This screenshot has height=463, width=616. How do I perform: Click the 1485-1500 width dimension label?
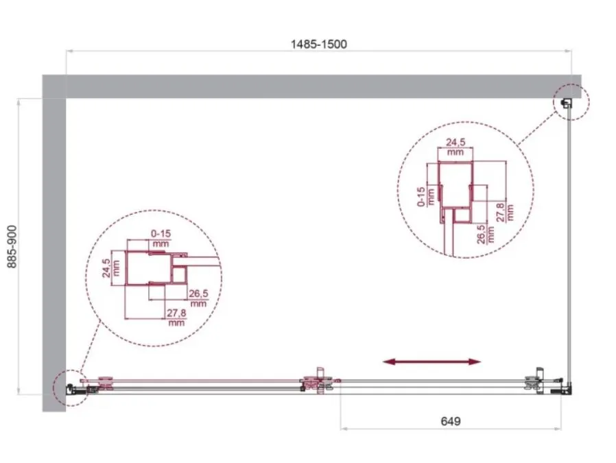click(x=318, y=45)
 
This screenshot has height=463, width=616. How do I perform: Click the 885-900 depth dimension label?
click(x=12, y=247)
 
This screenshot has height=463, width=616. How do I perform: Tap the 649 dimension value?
click(x=451, y=421)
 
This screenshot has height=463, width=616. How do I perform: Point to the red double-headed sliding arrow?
click(x=431, y=361)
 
